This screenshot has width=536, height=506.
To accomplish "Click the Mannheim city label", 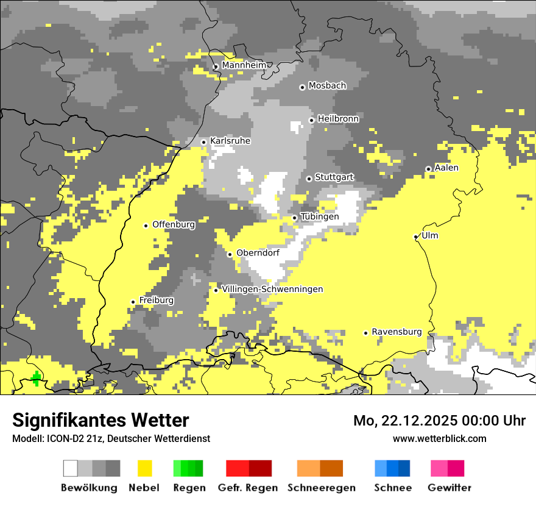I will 244,65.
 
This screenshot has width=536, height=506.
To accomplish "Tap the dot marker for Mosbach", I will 302,87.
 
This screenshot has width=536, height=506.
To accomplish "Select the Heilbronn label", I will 338,119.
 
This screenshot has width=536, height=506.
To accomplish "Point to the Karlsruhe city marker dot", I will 204,142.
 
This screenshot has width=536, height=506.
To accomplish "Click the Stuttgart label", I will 334,177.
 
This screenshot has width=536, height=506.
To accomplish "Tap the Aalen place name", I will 446,168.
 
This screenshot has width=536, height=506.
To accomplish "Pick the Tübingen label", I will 320,217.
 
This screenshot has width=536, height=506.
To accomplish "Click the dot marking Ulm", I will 416,237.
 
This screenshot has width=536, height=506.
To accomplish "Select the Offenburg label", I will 174,224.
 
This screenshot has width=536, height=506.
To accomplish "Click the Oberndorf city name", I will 258,252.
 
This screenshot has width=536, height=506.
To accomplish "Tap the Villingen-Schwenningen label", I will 272,289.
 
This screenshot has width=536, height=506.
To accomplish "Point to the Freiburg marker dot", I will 133,302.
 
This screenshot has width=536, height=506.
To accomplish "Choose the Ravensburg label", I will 397,332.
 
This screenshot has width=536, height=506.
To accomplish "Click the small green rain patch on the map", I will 37,379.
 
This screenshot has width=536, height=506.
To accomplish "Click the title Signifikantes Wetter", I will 100,420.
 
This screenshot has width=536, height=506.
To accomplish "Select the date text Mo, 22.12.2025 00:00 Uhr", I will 439,421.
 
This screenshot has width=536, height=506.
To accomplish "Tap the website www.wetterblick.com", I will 439,438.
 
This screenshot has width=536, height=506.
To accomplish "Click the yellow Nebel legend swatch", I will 144,468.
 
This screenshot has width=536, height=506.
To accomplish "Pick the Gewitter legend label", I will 449,488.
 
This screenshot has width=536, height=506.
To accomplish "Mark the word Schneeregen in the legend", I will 321,488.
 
